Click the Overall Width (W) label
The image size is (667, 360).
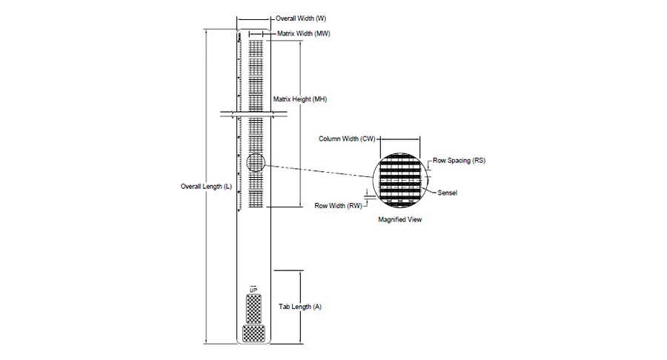coord(301,19)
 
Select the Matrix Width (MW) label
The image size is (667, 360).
coord(303,33)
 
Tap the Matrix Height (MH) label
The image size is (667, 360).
coord(300,99)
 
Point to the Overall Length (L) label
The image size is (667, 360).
coord(206,186)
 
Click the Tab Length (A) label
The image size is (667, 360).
coord(300,307)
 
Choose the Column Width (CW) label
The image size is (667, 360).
coord(347,139)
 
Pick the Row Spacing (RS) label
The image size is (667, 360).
coord(459,160)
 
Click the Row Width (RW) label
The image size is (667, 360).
coord(338,206)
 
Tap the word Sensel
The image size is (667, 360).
coord(447,193)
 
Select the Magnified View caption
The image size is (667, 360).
coord(400,219)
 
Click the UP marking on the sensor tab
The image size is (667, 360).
coord(253,290)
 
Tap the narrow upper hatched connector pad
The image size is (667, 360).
coord(254,309)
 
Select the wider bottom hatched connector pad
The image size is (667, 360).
coord(253,333)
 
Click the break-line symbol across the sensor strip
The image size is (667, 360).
coord(254,114)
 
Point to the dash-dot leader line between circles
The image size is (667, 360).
coord(319,170)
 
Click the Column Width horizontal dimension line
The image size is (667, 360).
coord(400,138)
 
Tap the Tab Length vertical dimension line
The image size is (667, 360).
coord(300,307)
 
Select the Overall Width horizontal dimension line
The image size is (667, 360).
coord(253,19)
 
